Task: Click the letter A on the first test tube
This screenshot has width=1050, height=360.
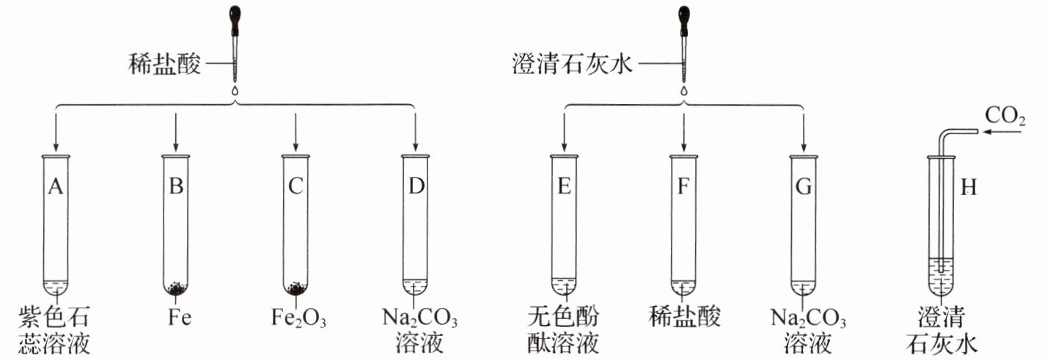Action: tap(55, 186)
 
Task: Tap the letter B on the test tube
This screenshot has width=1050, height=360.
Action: tap(176, 186)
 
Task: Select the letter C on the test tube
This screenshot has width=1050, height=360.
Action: tap(295, 186)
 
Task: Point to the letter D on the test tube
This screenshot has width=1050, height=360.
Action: tap(416, 186)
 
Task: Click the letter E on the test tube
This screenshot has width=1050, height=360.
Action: tap(564, 186)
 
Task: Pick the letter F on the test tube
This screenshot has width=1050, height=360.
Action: tap(683, 186)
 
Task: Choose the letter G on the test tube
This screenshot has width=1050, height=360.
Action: tap(804, 186)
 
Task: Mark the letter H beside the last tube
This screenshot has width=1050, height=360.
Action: tap(969, 188)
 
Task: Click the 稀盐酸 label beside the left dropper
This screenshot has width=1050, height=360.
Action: tap(164, 64)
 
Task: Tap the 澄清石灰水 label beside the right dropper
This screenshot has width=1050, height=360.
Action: tap(573, 64)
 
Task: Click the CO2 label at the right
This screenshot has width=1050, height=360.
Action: tap(1005, 115)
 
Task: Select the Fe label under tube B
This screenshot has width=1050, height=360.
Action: tap(180, 317)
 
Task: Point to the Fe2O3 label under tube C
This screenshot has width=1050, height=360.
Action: tap(298, 317)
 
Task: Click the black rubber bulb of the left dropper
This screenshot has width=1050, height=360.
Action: tap(235, 20)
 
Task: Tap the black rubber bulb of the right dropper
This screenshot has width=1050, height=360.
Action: tap(684, 20)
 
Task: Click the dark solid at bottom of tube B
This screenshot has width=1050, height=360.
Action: tap(176, 288)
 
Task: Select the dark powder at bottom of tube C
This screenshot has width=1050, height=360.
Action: tap(295, 288)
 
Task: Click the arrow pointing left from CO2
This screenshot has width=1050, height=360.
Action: tap(1002, 132)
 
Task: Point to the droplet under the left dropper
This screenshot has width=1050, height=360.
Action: tap(235, 89)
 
